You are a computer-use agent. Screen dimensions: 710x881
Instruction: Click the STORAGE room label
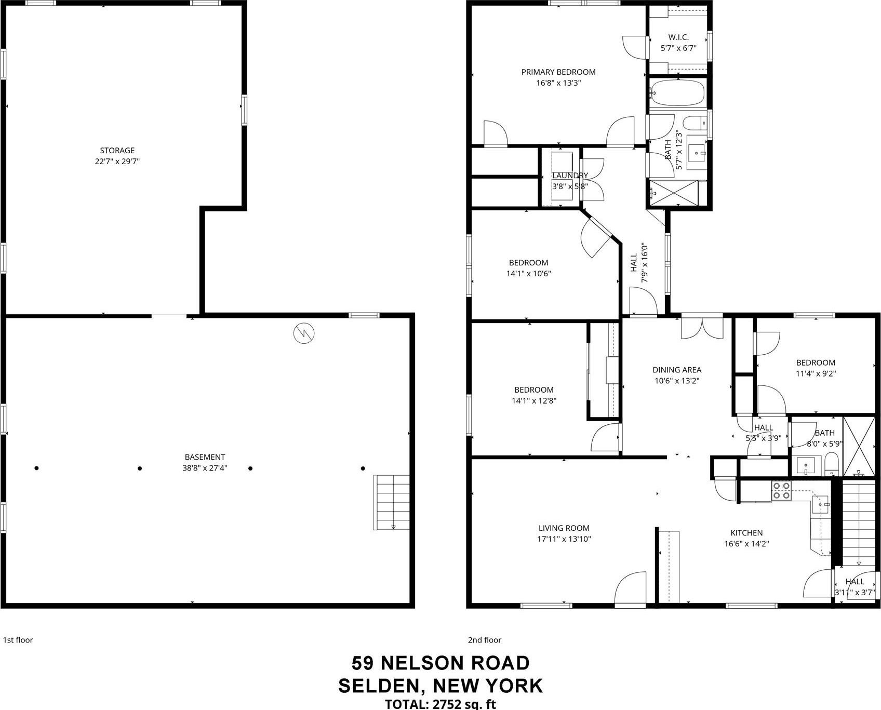pos(117,151)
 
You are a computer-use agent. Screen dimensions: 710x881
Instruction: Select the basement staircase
pos(391,502)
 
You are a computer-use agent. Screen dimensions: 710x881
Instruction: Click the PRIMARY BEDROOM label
pos(558,72)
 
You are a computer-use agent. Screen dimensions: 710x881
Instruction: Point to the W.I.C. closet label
pos(678,37)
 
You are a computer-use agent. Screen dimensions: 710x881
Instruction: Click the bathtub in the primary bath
pos(677,92)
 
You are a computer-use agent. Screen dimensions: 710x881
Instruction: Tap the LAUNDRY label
pos(570,176)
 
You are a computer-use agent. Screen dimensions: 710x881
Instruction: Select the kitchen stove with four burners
pos(781,491)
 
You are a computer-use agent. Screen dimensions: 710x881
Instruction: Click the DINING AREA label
pos(676,370)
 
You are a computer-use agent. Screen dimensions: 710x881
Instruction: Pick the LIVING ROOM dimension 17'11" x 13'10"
pos(564,539)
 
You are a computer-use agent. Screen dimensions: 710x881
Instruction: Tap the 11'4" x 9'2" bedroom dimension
pos(816,373)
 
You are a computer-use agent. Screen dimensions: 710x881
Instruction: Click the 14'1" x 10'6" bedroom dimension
pos(528,274)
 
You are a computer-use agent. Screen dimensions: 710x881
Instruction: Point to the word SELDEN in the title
pos(378,686)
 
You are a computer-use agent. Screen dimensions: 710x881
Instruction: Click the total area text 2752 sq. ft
pos(463,704)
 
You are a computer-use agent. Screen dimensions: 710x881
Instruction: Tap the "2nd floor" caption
pos(484,640)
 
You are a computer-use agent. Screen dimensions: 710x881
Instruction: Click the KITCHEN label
pos(746,533)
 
